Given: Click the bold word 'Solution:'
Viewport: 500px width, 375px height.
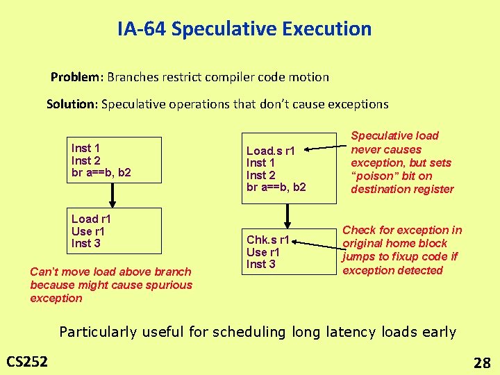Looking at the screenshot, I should [72, 104].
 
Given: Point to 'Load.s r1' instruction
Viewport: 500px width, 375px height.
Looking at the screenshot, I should [271, 151].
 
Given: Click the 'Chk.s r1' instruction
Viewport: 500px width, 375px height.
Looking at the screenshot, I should [267, 240].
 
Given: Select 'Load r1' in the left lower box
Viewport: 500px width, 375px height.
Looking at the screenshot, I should [91, 219].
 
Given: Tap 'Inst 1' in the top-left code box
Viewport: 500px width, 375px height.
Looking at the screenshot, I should [85, 148].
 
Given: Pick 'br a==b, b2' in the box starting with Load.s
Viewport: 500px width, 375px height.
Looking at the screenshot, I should [276, 187].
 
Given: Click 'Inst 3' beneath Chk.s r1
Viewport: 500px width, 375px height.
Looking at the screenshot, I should [261, 264].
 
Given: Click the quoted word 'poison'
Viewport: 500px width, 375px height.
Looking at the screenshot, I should [374, 176].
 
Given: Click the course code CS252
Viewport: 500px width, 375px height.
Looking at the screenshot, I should [27, 360].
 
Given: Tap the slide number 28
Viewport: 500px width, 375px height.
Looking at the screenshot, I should [481, 362].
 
